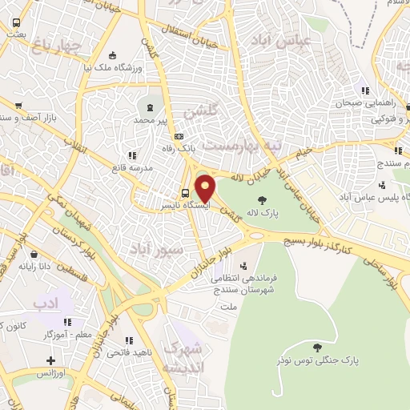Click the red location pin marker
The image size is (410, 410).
pos(206,188)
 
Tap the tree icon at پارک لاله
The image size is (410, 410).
pos(261,200)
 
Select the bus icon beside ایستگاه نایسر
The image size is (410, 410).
pos(186,192)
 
